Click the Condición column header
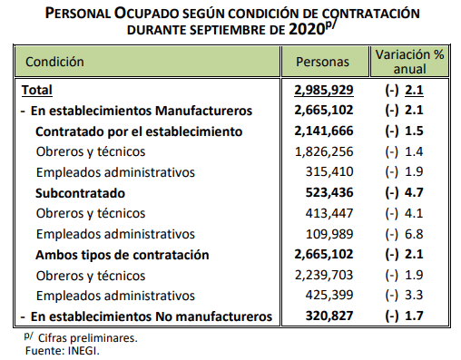tap(54, 62)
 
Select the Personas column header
tap(322, 62)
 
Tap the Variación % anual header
tap(409, 62)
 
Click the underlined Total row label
tap(37, 90)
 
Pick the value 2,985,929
tap(324, 90)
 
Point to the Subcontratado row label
tap(80, 193)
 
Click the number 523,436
tap(329, 192)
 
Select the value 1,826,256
tap(324, 151)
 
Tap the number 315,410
tap(329, 171)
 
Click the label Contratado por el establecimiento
tap(139, 131)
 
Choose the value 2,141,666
tap(324, 131)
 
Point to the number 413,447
tap(329, 213)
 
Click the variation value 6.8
tap(414, 234)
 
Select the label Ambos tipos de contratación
tap(123, 255)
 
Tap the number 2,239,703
tap(324, 275)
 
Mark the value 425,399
tap(329, 295)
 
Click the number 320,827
tap(329, 316)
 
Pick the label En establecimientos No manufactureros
tap(152, 316)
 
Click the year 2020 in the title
tap(307, 29)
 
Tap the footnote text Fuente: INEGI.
tap(63, 351)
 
